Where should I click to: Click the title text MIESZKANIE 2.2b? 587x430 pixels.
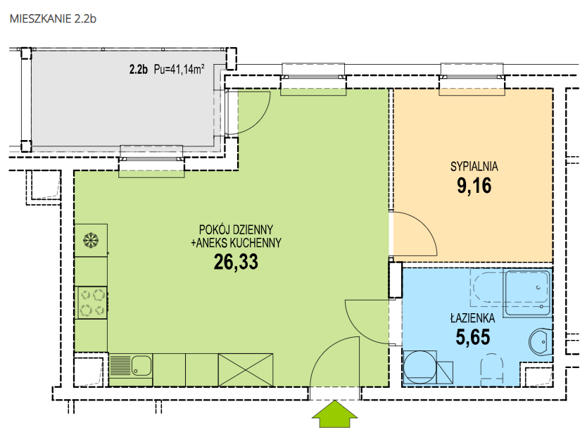pos(53,19)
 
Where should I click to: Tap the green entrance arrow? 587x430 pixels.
pos(335,414)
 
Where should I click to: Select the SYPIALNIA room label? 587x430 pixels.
pos(474,167)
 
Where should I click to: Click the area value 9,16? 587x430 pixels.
pos(474,185)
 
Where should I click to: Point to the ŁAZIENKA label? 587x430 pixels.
pos(472,318)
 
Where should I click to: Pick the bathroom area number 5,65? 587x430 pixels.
pos(473,337)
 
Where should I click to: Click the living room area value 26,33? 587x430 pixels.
pos(236,262)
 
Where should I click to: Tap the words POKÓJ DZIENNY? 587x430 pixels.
pos(236,229)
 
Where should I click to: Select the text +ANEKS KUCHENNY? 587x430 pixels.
pos(236,243)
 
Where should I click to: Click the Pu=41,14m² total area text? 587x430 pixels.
pos(179,69)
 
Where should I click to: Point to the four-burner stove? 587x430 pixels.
pos(91,303)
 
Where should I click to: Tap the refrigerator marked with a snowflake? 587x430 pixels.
pos(91,240)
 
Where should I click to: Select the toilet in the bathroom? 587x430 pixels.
pos(491,369)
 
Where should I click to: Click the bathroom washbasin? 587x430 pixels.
pos(541,342)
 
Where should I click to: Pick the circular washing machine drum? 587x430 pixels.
pos(420,367)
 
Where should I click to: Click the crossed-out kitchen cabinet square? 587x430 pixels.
pos(246,369)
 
